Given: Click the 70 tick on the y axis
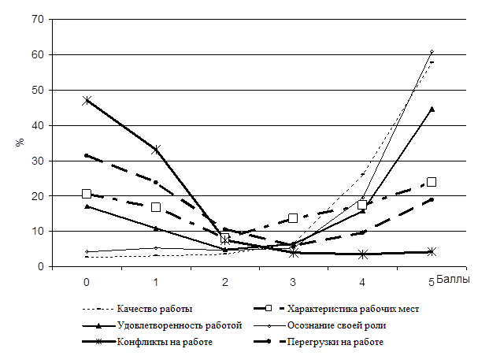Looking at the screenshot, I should click(36, 19).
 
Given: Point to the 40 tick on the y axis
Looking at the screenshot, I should click(36, 125).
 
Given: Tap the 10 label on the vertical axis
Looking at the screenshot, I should click(36, 231).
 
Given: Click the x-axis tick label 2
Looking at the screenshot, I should click(225, 281).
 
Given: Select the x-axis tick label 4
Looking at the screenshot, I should click(362, 281).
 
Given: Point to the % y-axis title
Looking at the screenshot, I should click(20, 143).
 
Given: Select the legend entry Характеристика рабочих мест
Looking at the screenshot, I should click(352, 308).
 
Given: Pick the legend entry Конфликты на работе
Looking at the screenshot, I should click(163, 342).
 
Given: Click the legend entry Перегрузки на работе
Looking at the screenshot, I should click(339, 342).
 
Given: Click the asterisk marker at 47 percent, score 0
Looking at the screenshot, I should click(87, 101).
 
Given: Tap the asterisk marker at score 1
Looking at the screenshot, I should click(156, 149).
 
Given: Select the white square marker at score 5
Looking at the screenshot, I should click(432, 182).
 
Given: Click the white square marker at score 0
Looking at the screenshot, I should click(87, 194).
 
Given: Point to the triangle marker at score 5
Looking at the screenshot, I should click(432, 109).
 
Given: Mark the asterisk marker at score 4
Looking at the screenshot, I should click(362, 254).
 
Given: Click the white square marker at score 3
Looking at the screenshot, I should click(294, 218).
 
